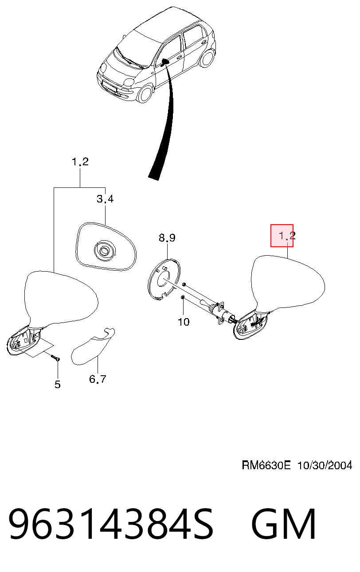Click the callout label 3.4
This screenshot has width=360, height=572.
105,198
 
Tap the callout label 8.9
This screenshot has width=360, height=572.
167,237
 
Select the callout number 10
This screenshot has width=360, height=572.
184,322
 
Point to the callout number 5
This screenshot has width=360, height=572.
58,384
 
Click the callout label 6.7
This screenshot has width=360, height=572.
98,379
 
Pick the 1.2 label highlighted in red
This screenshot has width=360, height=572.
287,235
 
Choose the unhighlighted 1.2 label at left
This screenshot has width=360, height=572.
80,162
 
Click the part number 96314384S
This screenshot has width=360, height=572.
111,523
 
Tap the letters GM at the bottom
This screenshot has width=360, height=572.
284,523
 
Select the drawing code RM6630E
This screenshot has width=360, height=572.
266,465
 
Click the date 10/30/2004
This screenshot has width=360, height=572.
325,465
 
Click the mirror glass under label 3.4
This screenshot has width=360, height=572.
106,246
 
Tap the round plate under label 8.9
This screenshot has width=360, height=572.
164,279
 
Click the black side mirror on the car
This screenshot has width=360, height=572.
165,62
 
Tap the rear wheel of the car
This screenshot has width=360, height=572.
207,58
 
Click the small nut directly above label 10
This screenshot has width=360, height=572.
182,297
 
